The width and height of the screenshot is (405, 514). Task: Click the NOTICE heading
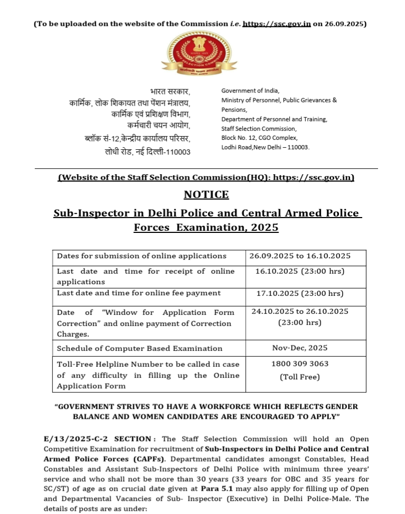pos(206,194)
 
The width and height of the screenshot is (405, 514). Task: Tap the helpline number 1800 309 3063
pos(300,364)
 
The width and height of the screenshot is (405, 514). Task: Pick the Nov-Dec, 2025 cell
pos(300,348)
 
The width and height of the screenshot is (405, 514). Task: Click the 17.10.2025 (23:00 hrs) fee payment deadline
pos(300,293)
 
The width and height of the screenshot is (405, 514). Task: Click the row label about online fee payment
pos(139,293)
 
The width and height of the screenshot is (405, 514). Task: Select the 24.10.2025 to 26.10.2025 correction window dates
pos(300,311)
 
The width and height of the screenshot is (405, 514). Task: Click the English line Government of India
pos(251,91)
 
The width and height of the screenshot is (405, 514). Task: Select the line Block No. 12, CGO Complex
pos(259,138)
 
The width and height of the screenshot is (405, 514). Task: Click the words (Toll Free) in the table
pos(300,377)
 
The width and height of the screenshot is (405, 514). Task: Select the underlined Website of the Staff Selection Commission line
pos(206,177)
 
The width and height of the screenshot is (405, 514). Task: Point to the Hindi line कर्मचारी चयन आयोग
pos(159,126)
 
